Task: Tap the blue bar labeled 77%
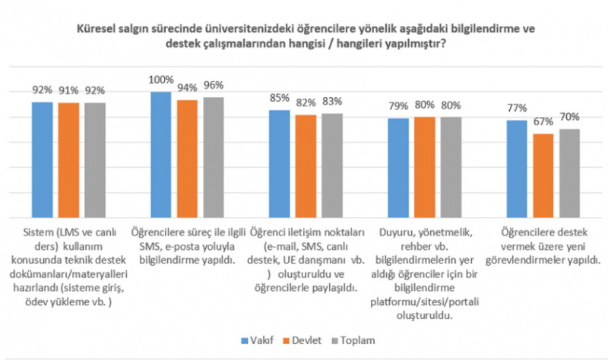click(518, 169)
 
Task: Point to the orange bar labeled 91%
click(68, 160)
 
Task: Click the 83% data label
click(332, 101)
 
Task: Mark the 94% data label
click(188, 87)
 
